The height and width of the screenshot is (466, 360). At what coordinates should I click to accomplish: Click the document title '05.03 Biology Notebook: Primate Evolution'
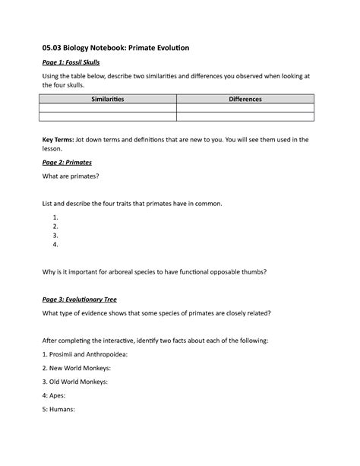point(116,48)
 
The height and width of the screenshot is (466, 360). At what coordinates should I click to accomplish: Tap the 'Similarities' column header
point(108,99)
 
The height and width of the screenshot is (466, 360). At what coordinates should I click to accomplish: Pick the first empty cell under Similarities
point(108,109)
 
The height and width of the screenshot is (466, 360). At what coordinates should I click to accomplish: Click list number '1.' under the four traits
point(55,217)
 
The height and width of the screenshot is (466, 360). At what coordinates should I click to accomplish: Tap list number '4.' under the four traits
point(55,245)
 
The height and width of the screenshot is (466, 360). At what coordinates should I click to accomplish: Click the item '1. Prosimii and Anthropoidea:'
point(85,353)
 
